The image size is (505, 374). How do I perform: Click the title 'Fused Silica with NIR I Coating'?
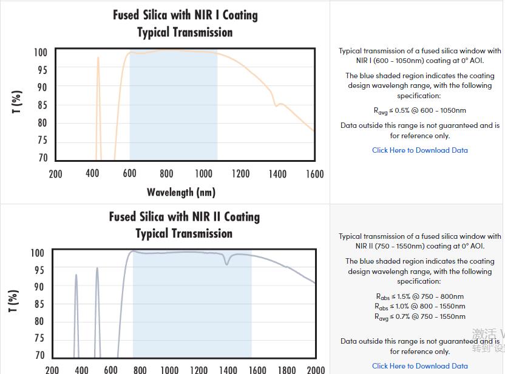185,15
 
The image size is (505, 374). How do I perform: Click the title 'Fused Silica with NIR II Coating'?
184,216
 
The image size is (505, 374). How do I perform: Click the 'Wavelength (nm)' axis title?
181,192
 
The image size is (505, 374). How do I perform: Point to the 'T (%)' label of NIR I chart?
17,101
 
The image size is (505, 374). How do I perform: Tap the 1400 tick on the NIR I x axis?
277,174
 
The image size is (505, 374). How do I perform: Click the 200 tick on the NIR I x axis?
55,174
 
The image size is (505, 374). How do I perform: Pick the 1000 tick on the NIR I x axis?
203,174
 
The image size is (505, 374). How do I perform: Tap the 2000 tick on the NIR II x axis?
316,369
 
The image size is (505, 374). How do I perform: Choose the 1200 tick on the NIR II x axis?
198,369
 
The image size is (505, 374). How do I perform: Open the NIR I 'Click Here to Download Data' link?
419,150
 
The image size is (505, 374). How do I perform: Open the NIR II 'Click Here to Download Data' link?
419,366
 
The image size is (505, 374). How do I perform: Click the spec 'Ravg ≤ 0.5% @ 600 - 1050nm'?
419,111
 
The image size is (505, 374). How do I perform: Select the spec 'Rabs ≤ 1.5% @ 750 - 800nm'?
419,296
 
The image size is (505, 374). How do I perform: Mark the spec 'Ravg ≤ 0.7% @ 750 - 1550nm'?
419,316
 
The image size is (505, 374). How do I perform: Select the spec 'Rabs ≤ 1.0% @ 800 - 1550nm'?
419,307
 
